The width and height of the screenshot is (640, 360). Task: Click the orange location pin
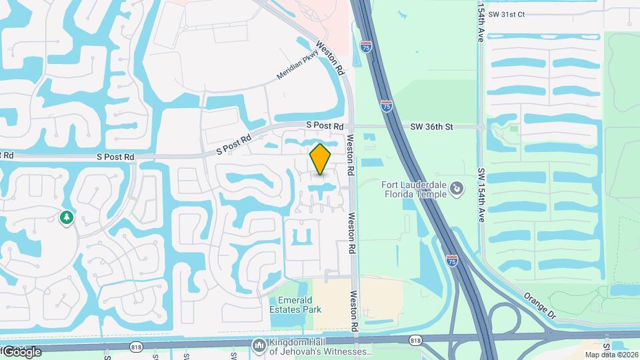(321, 159)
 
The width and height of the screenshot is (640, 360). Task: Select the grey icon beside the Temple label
(457, 190)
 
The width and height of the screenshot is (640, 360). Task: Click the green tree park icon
(66, 217)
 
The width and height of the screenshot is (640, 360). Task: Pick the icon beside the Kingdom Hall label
(259, 345)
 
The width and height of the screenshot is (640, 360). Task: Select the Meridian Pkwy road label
(298, 68)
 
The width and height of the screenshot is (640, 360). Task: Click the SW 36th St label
(431, 126)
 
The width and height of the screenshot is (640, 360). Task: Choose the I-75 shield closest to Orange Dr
(452, 261)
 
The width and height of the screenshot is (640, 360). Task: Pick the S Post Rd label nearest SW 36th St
(325, 125)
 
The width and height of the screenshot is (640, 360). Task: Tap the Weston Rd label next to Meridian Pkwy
(331, 58)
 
